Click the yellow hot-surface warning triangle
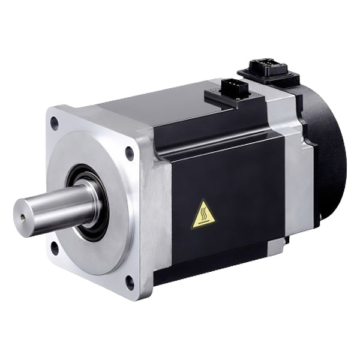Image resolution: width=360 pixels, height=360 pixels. point(203,215)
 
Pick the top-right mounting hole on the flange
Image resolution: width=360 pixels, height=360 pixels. point(129,153)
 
